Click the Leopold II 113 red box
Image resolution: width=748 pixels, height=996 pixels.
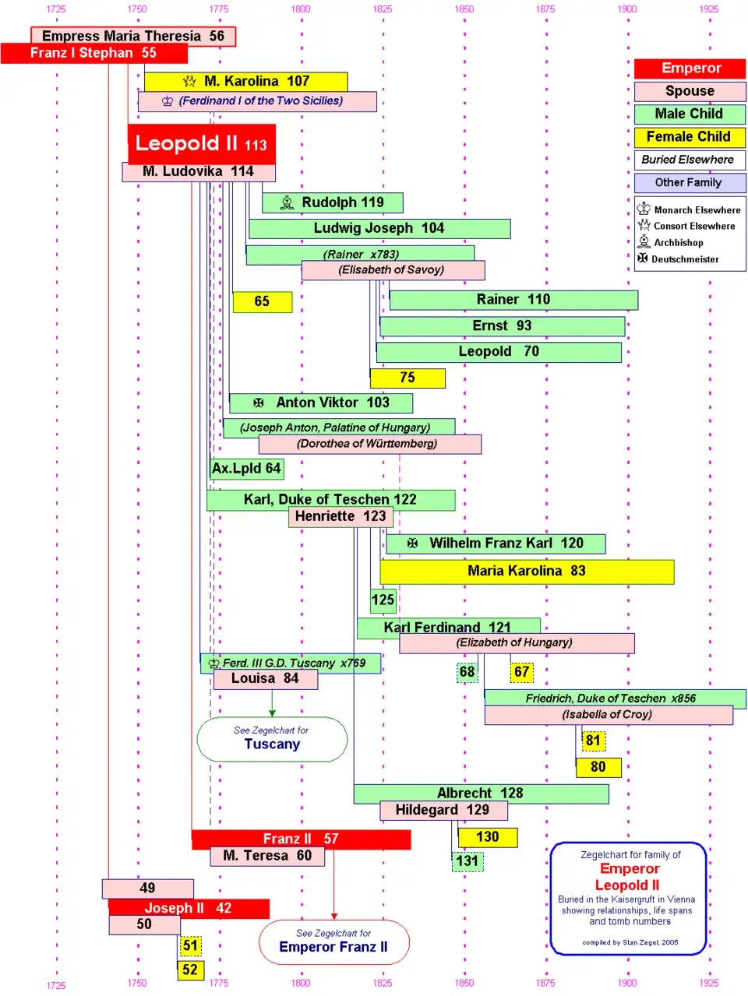(201, 143)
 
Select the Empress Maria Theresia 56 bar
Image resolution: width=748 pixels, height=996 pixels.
(132, 36)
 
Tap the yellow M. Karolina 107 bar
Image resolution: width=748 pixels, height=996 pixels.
(245, 81)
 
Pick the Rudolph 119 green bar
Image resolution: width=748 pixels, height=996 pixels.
(333, 202)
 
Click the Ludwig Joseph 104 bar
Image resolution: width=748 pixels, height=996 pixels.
(379, 228)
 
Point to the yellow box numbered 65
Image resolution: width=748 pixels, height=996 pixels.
(262, 301)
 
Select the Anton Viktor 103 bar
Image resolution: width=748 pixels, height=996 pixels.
(321, 403)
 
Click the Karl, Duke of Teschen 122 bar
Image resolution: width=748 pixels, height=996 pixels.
(330, 499)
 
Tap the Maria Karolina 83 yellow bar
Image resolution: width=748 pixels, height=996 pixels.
(527, 571)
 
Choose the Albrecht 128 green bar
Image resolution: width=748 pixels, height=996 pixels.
(481, 794)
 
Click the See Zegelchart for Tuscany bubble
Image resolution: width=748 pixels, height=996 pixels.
(272, 738)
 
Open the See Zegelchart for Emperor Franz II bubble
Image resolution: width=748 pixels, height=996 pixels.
(333, 941)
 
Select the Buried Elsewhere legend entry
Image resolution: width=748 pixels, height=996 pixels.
(689, 160)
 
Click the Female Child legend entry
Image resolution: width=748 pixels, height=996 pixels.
(689, 137)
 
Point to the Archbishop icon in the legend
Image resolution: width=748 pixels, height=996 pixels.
(644, 242)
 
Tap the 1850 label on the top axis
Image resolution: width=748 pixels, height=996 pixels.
(464, 9)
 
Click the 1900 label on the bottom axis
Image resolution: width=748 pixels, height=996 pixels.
(627, 983)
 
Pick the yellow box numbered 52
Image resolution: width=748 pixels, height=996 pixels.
(190, 970)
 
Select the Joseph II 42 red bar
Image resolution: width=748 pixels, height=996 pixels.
(189, 908)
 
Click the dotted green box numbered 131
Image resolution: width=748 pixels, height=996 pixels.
(467, 861)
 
